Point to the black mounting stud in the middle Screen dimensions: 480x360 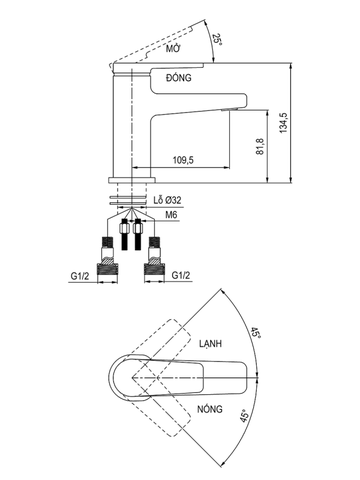tap(130, 232)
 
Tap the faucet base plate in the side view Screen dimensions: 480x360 tap(131, 179)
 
